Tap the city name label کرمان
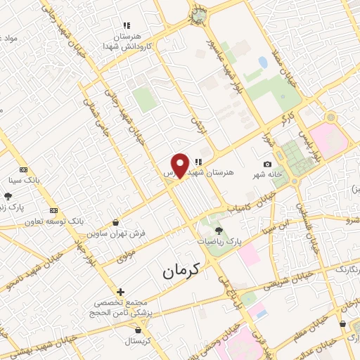(x=181, y=269)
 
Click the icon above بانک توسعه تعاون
(x=54, y=210)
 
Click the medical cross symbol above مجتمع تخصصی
(x=120, y=292)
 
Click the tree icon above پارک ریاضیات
(x=219, y=230)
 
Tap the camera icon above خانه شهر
(x=267, y=164)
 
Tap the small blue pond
(x=263, y=63)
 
